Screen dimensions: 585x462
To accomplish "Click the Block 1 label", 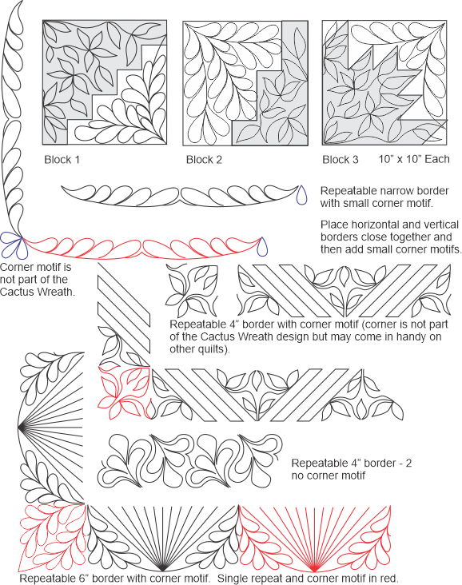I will point(62,160).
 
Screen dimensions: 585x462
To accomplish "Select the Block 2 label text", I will point(205,160).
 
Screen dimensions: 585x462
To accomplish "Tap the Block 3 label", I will point(341,160).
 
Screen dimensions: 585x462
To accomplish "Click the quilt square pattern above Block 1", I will point(105,82).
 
